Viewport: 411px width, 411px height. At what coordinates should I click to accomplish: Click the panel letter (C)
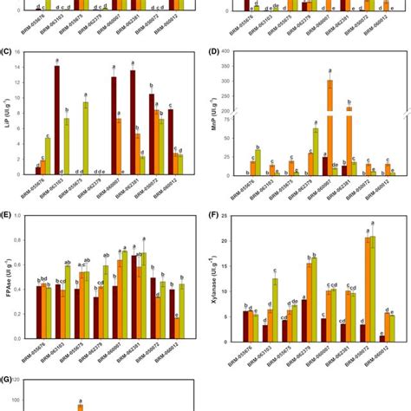point(9,52)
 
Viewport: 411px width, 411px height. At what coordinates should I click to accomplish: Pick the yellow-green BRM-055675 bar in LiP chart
point(86,139)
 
